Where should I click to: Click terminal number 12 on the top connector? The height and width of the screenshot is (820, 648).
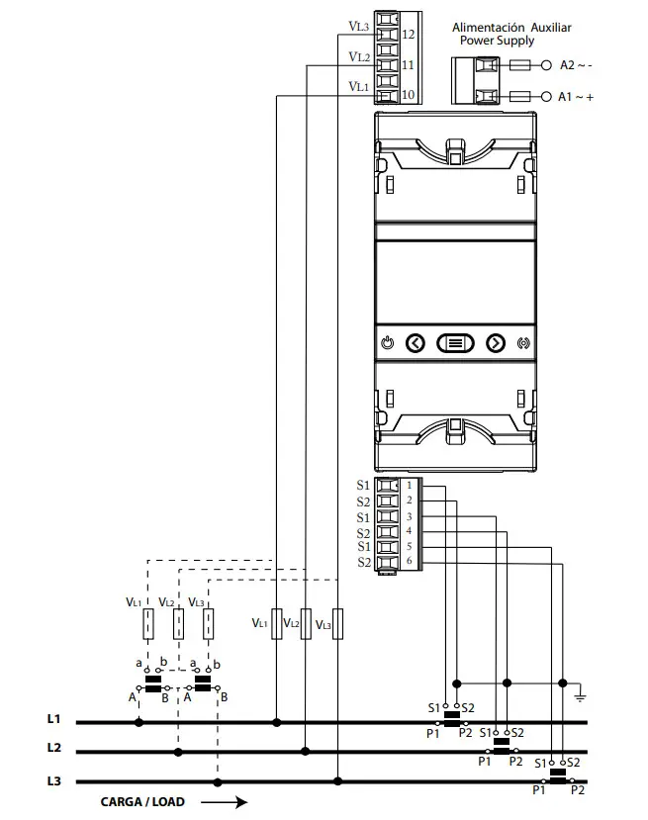pos(409,34)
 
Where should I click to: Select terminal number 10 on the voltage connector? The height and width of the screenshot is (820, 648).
pos(409,95)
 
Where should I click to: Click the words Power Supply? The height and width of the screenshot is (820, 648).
pos(497,41)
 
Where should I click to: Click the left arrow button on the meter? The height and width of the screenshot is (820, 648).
pos(416,343)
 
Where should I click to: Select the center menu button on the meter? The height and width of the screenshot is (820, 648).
pos(455,343)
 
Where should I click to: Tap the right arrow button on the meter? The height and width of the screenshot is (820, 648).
pos(496,343)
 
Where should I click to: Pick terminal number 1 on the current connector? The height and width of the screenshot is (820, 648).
pos(409,486)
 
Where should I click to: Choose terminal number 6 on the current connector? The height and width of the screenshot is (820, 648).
pos(409,562)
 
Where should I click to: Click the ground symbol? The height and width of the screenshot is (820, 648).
pos(580,695)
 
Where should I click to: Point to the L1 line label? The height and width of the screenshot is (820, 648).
pos(54,718)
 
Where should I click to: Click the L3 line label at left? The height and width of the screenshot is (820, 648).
pos(54,781)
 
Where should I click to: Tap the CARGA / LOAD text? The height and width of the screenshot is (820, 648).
pos(141,801)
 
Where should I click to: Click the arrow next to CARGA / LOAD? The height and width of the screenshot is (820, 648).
pos(225,801)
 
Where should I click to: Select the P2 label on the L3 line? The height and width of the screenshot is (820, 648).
pos(579,791)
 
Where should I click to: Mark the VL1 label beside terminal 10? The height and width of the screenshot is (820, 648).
pos(359,87)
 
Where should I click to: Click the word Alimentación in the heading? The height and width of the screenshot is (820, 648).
pos(488,28)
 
